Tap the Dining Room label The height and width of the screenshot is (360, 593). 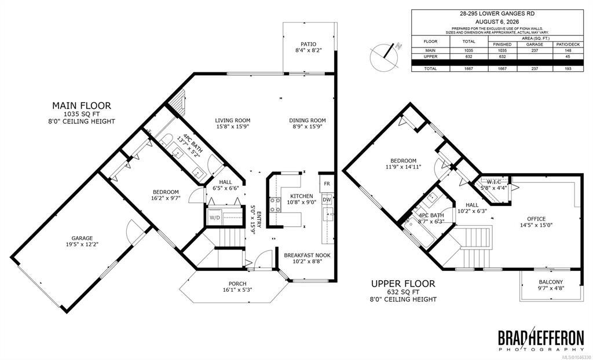307,120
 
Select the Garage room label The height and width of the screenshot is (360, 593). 82,238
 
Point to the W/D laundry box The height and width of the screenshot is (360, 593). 214,218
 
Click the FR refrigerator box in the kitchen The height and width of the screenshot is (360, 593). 327,184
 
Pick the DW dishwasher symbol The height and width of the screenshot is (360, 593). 327,200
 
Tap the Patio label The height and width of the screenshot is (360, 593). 308,44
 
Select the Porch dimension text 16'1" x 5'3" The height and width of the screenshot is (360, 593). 237,290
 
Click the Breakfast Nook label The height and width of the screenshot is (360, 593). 307,255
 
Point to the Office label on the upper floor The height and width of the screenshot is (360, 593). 536,219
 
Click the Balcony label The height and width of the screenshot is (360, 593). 551,282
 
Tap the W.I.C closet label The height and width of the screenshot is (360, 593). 493,182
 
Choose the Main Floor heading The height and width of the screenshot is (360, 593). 81,105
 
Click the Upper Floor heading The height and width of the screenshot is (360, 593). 403,283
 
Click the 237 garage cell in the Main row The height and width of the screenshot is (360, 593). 535,50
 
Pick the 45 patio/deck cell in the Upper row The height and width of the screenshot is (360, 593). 566,56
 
